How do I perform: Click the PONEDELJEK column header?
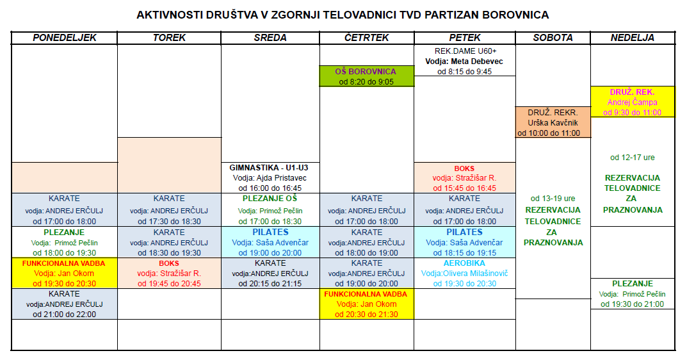point(64,38)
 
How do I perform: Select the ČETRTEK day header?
point(367,38)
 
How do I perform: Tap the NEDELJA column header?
point(632,38)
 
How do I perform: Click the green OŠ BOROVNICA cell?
point(367,76)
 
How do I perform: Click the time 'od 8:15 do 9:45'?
point(464,72)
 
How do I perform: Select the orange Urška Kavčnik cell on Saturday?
point(553,122)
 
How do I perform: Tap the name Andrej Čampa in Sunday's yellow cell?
point(632,102)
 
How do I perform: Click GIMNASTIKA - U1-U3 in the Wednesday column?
point(270,168)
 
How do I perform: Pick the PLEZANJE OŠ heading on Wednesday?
point(270,199)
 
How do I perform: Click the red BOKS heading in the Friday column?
point(464,169)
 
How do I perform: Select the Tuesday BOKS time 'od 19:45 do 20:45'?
point(169,284)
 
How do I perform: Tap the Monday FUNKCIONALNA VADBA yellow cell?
point(64,274)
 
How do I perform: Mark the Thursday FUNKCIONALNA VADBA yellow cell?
point(367,304)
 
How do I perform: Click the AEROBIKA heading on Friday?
point(464,263)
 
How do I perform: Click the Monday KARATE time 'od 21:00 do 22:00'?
point(64,315)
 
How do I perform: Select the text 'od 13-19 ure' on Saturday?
point(553,199)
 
